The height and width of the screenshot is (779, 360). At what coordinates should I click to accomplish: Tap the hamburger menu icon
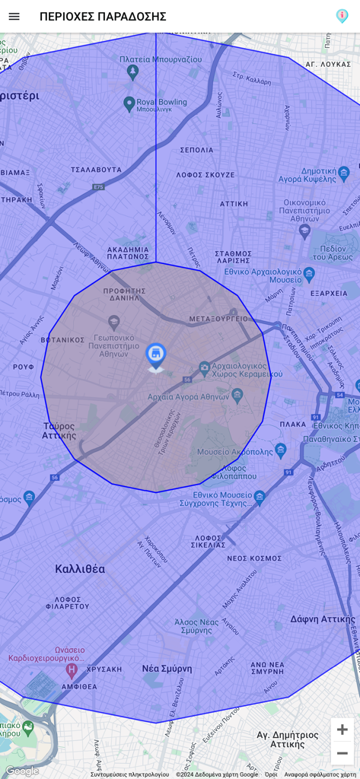(x=14, y=16)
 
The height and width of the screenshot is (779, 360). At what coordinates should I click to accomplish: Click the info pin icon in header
(x=342, y=16)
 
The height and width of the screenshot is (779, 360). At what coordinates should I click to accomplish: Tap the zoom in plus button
(x=342, y=730)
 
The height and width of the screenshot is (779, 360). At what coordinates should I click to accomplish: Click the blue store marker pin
(x=156, y=355)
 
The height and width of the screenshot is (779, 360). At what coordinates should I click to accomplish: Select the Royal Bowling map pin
(x=129, y=103)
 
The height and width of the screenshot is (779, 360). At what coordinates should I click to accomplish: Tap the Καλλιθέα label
(x=80, y=568)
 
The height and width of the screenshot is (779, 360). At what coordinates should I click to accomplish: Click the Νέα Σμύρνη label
(x=167, y=669)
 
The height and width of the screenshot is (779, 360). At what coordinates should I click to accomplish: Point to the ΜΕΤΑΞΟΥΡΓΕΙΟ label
(x=218, y=319)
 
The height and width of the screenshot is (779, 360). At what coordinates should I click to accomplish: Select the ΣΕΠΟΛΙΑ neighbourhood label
(x=196, y=150)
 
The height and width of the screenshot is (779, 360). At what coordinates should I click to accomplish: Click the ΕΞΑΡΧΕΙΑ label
(x=329, y=293)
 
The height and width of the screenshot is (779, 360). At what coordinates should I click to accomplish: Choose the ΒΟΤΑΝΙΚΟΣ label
(x=62, y=340)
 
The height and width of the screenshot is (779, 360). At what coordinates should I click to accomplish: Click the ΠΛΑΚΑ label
(x=292, y=424)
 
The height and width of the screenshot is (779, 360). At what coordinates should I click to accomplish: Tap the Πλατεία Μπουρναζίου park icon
(x=133, y=72)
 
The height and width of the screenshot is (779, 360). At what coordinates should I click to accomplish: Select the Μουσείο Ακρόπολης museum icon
(x=281, y=450)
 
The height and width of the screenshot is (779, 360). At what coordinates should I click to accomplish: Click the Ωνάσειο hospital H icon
(x=72, y=670)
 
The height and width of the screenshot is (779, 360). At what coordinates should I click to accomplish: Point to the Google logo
(x=21, y=771)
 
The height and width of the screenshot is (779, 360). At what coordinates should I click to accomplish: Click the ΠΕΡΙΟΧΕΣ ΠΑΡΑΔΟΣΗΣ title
(x=103, y=16)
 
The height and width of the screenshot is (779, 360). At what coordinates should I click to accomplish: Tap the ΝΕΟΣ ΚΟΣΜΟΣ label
(x=254, y=558)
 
